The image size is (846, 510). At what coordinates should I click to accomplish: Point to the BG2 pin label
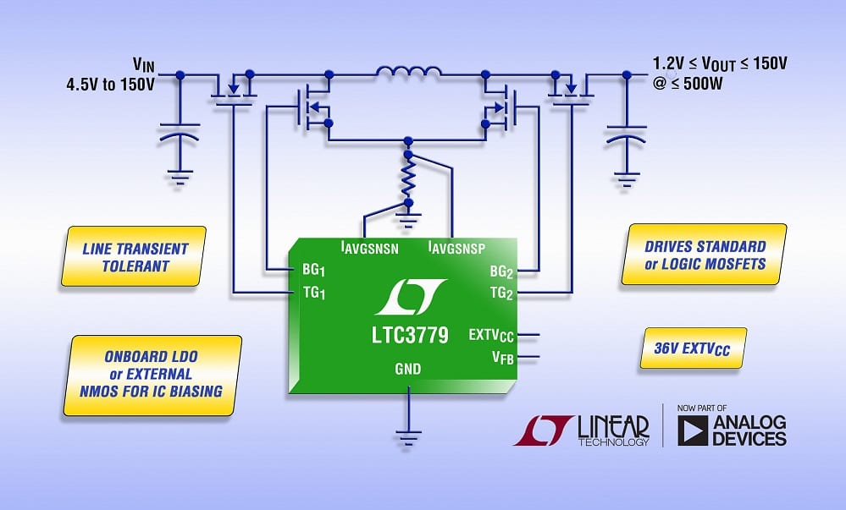click(501, 271)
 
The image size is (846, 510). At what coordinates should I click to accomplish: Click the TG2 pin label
click(501, 293)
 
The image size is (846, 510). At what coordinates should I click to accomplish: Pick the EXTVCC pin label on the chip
click(490, 336)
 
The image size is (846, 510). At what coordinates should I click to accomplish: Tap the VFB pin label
click(503, 359)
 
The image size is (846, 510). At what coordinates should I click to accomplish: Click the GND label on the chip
click(408, 369)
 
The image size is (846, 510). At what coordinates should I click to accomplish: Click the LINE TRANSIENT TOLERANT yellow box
click(136, 257)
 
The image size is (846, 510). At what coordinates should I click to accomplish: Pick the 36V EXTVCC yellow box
click(694, 348)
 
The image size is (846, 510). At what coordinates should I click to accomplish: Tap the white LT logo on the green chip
click(410, 296)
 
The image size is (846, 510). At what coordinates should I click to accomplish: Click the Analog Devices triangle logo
click(694, 430)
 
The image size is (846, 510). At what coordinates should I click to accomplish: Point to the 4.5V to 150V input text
click(113, 85)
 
